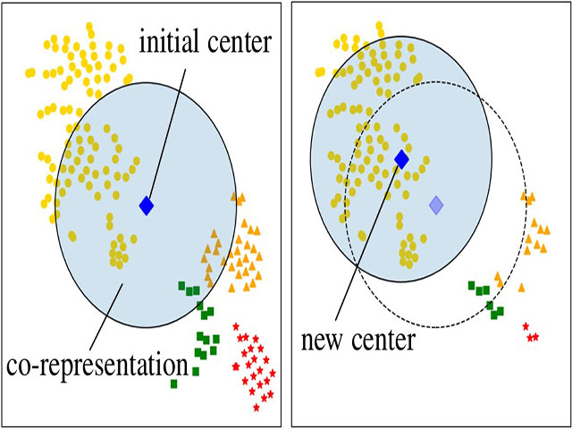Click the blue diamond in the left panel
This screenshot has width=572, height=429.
coord(147,206)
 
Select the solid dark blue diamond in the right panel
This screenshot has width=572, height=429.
coord(401,160)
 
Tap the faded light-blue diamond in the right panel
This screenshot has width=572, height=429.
coord(435,205)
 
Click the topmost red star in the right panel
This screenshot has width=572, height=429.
coord(526,326)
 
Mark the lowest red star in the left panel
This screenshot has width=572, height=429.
coord(257,408)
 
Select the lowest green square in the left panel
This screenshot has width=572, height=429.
coord(174,383)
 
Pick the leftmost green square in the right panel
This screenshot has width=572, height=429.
coord(471,285)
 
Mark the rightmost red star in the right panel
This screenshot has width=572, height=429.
coord(535,337)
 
